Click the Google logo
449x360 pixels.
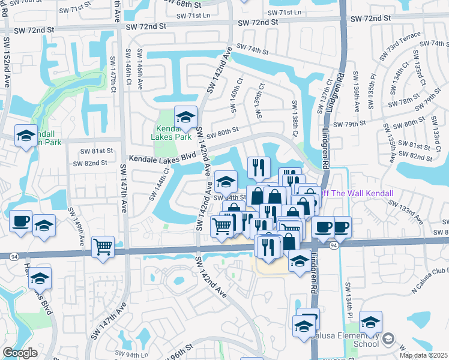[x=20, y=353]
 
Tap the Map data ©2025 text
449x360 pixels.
[x=423, y=355]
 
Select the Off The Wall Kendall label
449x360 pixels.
[x=356, y=193]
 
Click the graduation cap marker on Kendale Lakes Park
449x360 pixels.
[x=186, y=118]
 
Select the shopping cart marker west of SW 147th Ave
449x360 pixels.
[x=103, y=247]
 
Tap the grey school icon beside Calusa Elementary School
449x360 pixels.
[x=387, y=340]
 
